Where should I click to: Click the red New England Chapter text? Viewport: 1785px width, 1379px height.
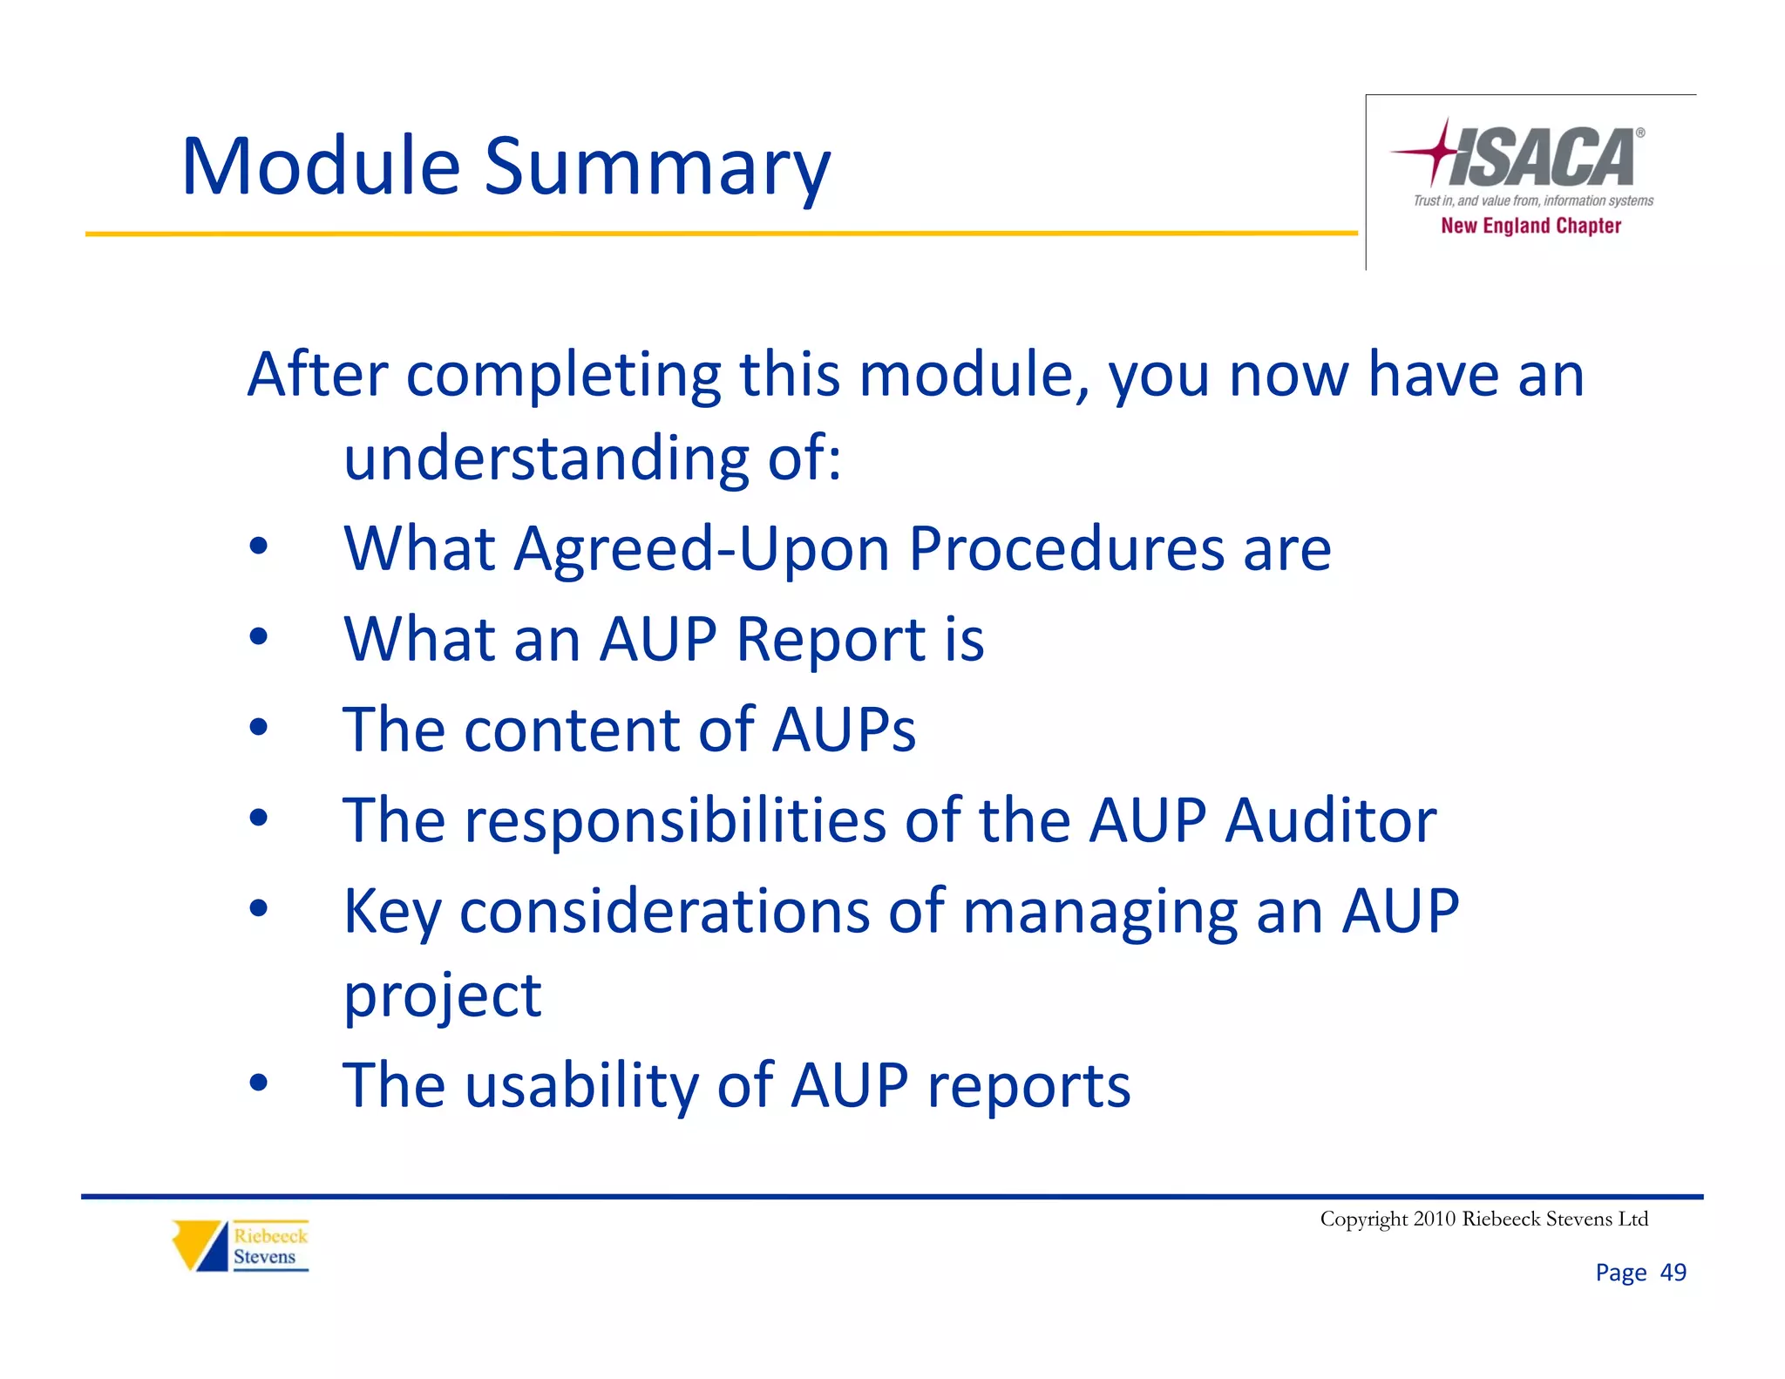click(1530, 226)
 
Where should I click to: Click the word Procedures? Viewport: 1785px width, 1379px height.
click(1066, 549)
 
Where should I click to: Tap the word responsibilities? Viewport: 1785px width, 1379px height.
click(675, 820)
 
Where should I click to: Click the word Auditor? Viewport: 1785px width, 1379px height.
click(1330, 820)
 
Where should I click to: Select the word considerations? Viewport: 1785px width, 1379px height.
click(664, 911)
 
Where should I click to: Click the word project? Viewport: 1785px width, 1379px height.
click(443, 996)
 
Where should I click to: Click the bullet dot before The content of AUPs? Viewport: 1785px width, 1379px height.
click(258, 727)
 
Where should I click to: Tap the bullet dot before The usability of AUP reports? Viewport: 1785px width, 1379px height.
click(258, 1083)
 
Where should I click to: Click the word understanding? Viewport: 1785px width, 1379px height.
click(546, 458)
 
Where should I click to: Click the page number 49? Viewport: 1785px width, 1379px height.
click(1673, 1273)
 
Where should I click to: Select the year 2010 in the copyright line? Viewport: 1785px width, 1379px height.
click(1434, 1219)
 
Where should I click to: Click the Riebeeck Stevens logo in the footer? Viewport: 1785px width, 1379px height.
click(241, 1246)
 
